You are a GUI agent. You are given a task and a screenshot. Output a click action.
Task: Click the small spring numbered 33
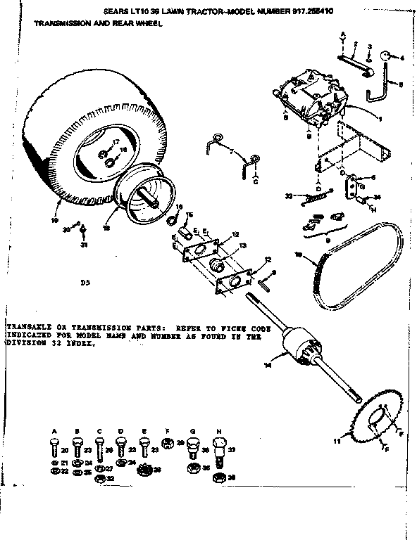click(x=311, y=198)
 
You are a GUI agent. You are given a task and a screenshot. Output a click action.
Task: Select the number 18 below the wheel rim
click(x=107, y=228)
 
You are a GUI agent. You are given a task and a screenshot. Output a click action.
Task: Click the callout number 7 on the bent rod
click(x=231, y=151)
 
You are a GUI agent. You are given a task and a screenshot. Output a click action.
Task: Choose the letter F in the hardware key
click(x=168, y=430)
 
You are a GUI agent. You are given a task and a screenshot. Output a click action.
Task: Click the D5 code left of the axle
click(x=86, y=283)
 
